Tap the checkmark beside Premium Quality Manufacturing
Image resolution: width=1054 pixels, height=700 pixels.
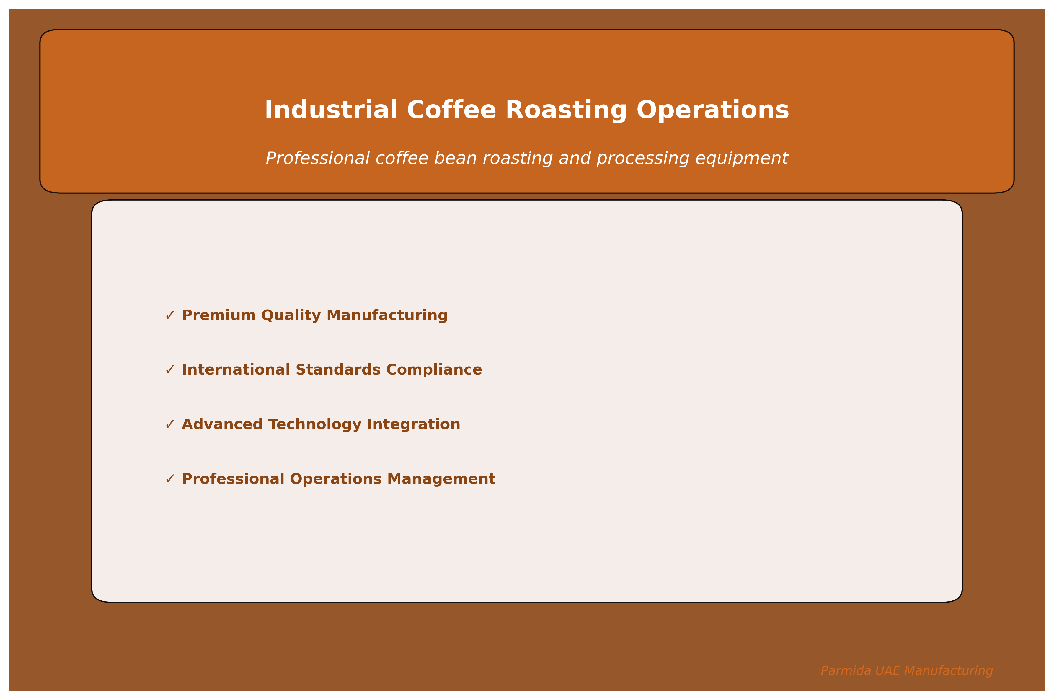click(170, 316)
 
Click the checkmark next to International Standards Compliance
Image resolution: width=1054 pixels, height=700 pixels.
click(170, 370)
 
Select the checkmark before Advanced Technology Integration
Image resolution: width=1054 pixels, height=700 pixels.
click(170, 424)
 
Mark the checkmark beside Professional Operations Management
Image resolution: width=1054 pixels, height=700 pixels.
click(170, 479)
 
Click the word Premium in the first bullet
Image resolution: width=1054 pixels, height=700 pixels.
click(218, 316)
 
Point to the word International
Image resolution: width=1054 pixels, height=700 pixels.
click(236, 370)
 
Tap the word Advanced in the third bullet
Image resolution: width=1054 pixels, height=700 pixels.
click(222, 424)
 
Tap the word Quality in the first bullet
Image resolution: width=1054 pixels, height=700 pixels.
click(291, 316)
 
